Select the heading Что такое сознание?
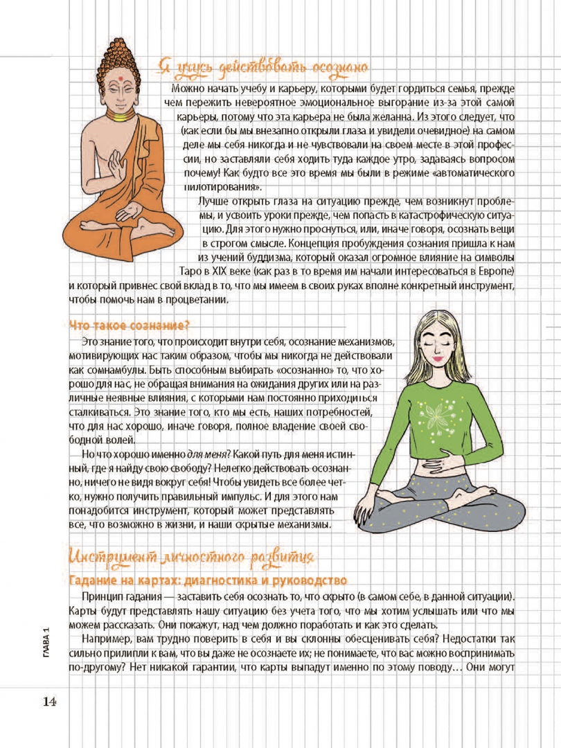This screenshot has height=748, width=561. [x=130, y=325]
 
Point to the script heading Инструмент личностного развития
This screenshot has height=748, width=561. [x=193, y=557]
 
